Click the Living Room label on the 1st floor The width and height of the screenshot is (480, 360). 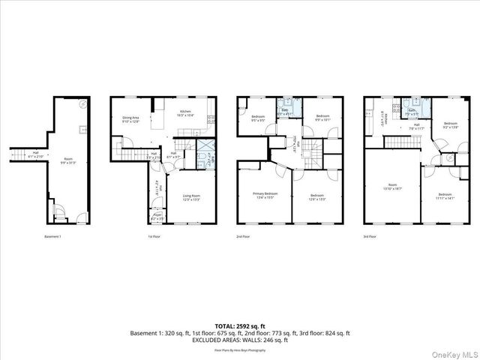192,198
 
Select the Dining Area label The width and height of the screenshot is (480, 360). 131,119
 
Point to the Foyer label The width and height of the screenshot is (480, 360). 157,217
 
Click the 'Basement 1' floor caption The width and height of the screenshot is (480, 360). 52,237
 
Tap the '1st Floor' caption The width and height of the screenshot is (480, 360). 154,237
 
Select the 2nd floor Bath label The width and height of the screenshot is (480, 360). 286,113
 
